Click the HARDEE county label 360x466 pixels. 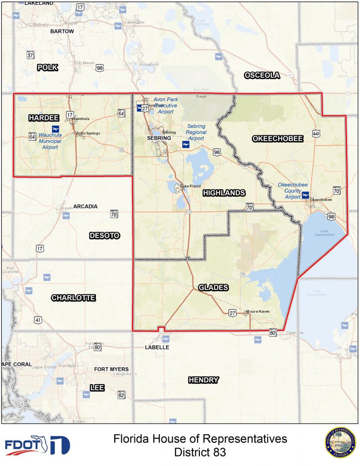(44, 118)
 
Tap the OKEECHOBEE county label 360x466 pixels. (277, 139)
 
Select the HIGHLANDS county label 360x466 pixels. (224, 193)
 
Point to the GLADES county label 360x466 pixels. (213, 288)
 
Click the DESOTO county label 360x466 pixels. (104, 235)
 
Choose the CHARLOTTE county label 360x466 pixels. (73, 298)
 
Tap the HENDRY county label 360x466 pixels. (203, 380)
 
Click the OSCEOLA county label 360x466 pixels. (262, 76)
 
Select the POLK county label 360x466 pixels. (48, 67)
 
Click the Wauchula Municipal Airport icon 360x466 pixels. (56, 129)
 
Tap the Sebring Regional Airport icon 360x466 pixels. (185, 145)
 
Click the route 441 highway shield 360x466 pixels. (317, 133)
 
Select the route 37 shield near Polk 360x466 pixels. (30, 55)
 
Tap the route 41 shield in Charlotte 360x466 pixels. (38, 320)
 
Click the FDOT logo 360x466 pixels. (37, 446)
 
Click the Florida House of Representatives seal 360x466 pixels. (340, 443)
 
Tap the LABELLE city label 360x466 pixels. (157, 347)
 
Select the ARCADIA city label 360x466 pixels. (86, 206)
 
